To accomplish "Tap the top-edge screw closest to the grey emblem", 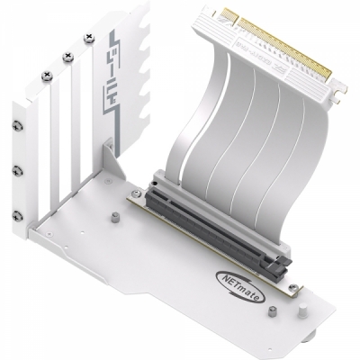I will click(x=87, y=39).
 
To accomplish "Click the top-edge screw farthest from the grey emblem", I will click(x=41, y=76).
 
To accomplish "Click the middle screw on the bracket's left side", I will click(x=18, y=170).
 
